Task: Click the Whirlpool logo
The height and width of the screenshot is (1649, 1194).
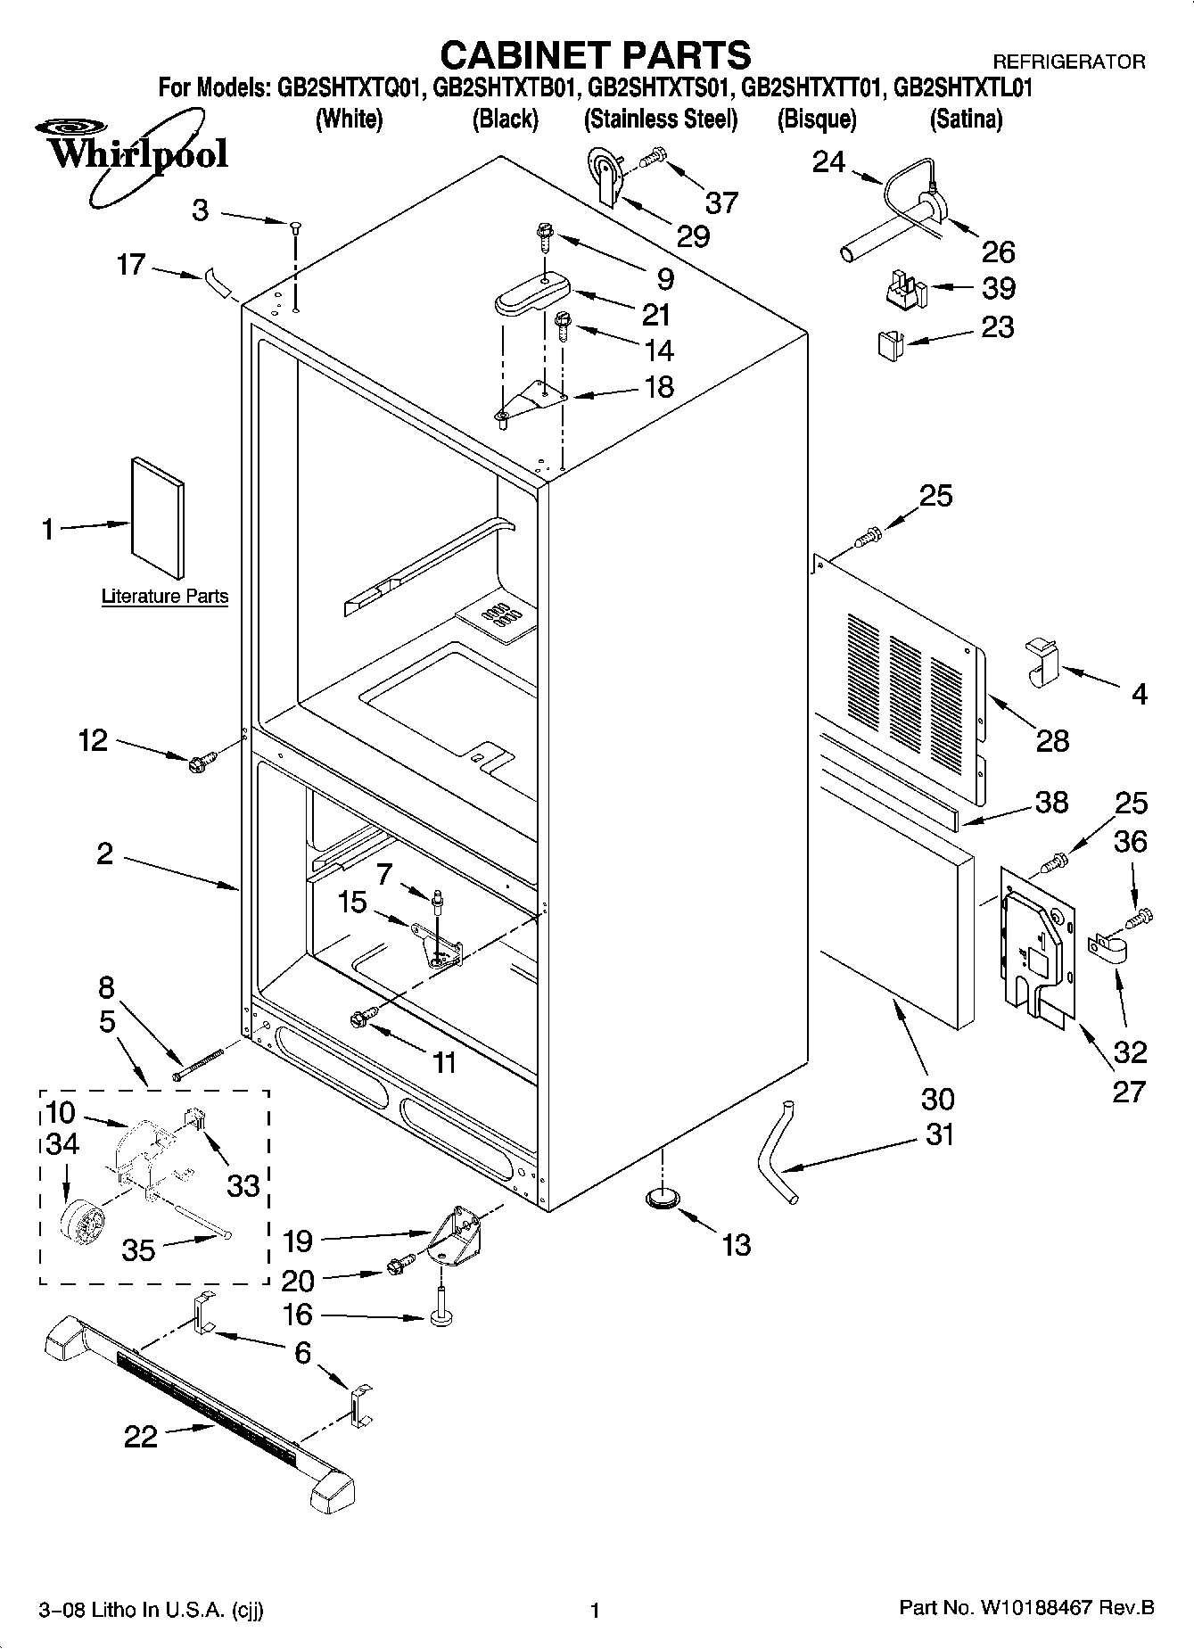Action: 134,153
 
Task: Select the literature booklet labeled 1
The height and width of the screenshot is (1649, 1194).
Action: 158,517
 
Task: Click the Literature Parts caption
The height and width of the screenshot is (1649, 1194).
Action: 165,596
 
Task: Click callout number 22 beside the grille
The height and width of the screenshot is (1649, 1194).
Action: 141,1436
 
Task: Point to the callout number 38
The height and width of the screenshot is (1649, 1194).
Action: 1052,802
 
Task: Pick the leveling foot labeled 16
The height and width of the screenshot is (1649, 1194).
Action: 439,1317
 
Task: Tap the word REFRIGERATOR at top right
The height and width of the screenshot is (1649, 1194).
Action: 1068,62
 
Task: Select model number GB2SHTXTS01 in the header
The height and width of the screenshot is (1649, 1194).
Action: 661,88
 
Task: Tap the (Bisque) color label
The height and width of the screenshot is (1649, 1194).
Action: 816,119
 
